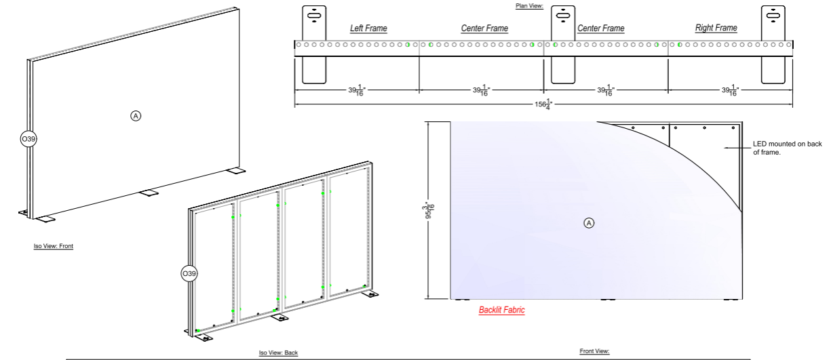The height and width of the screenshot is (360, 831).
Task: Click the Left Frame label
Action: click(368, 28)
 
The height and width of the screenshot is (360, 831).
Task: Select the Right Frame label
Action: click(716, 28)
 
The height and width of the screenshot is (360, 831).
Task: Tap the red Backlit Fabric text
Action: click(501, 310)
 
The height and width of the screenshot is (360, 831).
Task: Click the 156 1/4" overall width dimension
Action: click(543, 104)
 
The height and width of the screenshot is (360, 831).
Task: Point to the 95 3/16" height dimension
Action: click(429, 210)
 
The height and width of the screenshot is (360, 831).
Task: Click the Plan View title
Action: click(529, 6)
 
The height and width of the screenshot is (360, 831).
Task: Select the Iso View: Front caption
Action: click(54, 246)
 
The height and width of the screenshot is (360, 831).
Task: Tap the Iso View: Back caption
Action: click(278, 353)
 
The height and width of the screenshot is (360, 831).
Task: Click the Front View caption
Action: click(594, 351)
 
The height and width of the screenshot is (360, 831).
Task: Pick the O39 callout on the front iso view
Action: click(28, 139)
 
